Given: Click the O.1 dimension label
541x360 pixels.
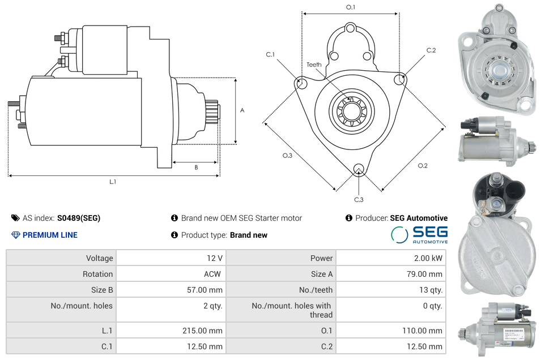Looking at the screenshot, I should (351, 7).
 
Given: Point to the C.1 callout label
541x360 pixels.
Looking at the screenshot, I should (270, 54).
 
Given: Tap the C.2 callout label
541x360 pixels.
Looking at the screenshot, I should (431, 50).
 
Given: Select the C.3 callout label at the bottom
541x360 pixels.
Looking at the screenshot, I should (359, 199).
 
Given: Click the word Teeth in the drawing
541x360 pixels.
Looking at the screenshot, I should (314, 65).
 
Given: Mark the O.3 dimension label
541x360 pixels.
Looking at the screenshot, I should (287, 156).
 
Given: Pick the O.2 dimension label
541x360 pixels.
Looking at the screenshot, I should (423, 165).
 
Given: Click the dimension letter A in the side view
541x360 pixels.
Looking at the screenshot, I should (242, 110).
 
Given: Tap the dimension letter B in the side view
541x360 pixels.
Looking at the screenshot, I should (196, 168).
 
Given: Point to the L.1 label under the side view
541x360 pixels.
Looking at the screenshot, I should (113, 182).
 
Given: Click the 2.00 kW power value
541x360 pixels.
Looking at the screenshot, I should (430, 258).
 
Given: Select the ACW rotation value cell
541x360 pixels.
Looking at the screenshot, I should (214, 274).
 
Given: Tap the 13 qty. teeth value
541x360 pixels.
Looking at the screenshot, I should (430, 290).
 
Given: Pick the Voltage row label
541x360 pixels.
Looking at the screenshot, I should (99, 258).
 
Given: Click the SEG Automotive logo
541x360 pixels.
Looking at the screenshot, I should (419, 234).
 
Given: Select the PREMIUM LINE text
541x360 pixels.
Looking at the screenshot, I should (50, 235).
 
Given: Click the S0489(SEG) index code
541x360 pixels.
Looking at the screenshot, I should (78, 218).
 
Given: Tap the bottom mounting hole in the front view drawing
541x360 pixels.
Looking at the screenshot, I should (358, 168).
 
